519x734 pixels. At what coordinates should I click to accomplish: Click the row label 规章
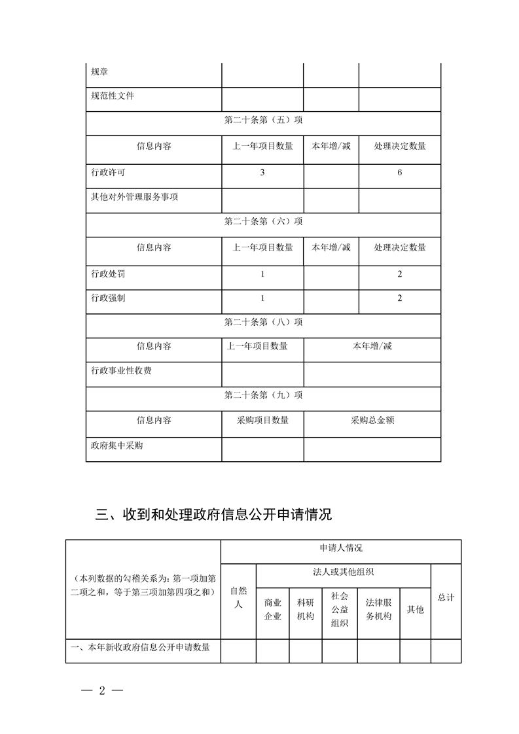click(x=99, y=72)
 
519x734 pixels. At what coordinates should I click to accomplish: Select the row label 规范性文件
click(x=113, y=97)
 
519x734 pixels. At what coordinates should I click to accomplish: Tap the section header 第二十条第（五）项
click(x=263, y=121)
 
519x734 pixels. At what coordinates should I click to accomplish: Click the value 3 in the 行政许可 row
click(x=262, y=173)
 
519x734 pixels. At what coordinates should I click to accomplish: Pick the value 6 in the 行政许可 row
click(x=399, y=173)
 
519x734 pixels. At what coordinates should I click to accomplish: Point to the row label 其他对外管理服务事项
click(x=134, y=197)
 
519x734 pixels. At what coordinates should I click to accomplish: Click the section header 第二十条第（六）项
click(x=263, y=222)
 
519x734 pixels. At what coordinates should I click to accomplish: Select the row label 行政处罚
click(x=108, y=273)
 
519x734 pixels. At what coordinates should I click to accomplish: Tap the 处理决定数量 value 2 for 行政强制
click(x=399, y=298)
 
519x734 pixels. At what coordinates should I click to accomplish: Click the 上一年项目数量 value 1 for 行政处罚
click(x=262, y=273)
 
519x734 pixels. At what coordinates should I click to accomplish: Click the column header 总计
click(x=446, y=597)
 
